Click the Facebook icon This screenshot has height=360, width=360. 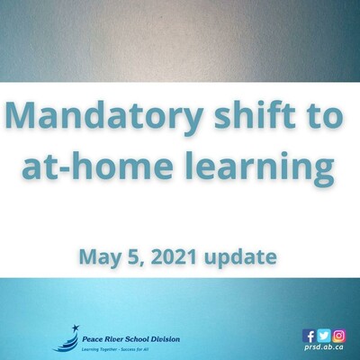[309, 336]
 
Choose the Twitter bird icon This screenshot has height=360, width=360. [324, 336]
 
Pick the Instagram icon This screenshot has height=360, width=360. [338, 336]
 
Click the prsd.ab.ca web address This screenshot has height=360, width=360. [324, 347]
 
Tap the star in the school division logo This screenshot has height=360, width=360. [76, 328]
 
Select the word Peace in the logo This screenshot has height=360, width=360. [91, 339]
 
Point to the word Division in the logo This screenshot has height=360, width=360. [166, 339]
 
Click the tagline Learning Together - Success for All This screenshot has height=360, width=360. [115, 349]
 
